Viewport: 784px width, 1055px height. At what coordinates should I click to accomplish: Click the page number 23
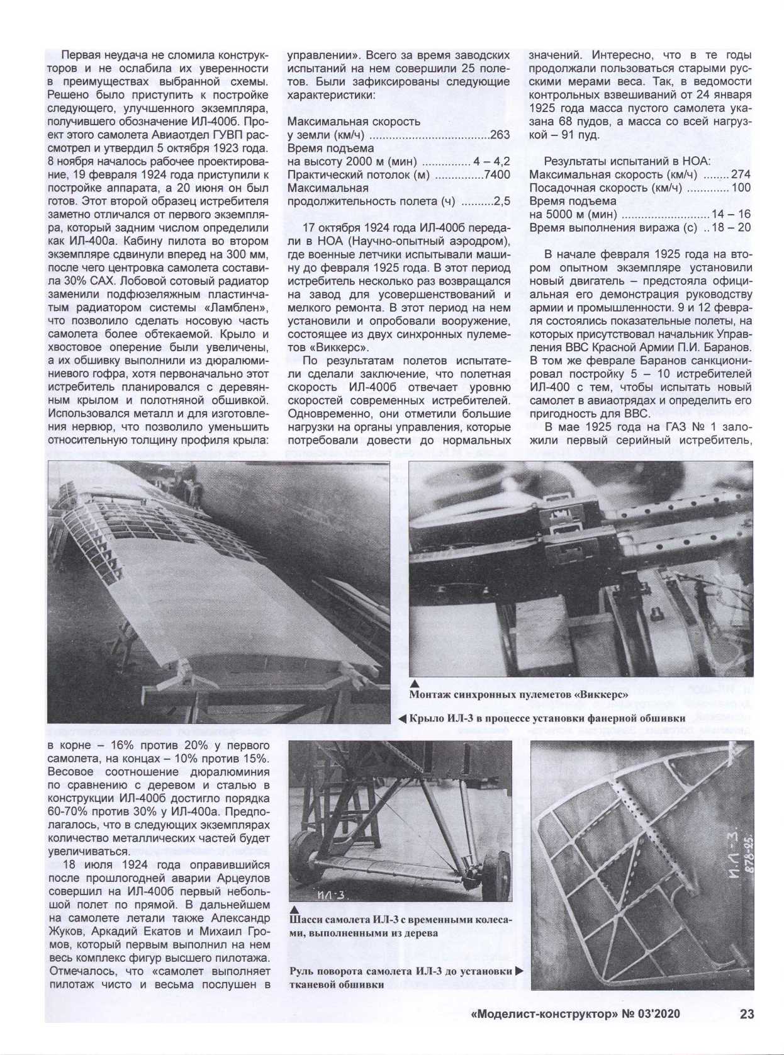746,1014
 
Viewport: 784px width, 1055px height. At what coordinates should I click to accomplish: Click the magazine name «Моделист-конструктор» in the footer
545,1014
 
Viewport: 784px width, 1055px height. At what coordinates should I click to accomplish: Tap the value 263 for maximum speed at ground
500,134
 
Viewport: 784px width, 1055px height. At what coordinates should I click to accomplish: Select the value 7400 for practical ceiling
497,174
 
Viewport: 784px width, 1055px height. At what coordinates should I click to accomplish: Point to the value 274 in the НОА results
741,174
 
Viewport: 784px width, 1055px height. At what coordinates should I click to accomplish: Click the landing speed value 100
741,188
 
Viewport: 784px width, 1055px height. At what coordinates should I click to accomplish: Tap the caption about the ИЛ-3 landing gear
400,926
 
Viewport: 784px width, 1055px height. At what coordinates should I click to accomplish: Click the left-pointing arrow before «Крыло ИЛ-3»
401,718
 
